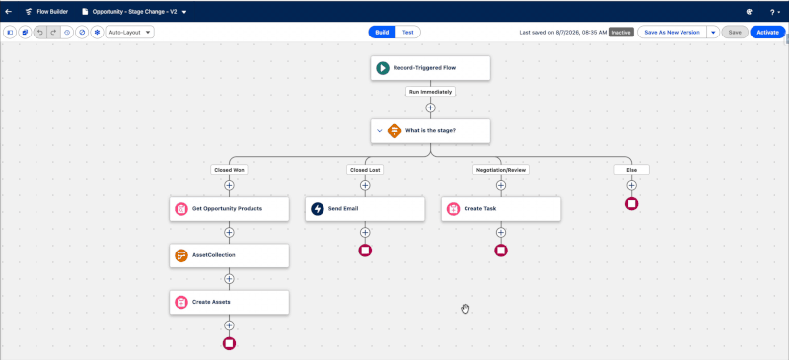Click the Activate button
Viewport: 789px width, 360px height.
pyautogui.click(x=767, y=33)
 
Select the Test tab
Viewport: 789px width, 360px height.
pyautogui.click(x=408, y=33)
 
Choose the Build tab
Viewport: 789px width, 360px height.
pyautogui.click(x=382, y=33)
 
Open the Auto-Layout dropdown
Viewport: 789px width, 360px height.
pyautogui.click(x=130, y=33)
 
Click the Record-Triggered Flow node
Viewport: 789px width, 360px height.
pyautogui.click(x=430, y=68)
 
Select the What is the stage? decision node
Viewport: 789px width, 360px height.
pyautogui.click(x=430, y=131)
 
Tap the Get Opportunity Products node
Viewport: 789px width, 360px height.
pyautogui.click(x=229, y=208)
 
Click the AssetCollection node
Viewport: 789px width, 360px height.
pyautogui.click(x=229, y=255)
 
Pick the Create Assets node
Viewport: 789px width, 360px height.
pyautogui.click(x=229, y=302)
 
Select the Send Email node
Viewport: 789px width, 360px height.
pyautogui.click(x=365, y=208)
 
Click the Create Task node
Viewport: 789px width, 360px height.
pyautogui.click(x=501, y=208)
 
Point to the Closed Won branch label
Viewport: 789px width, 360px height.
pyautogui.click(x=229, y=170)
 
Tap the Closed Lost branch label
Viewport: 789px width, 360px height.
pyautogui.click(x=365, y=170)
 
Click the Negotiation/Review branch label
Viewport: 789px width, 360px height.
pyautogui.click(x=501, y=170)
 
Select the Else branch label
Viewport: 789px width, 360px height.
pyautogui.click(x=631, y=170)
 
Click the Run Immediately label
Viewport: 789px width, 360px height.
pyautogui.click(x=430, y=92)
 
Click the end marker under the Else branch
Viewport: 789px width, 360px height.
pyautogui.click(x=631, y=204)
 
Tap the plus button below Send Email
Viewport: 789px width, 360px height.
pyautogui.click(x=365, y=232)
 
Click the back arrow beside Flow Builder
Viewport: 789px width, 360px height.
pyautogui.click(x=9, y=11)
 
